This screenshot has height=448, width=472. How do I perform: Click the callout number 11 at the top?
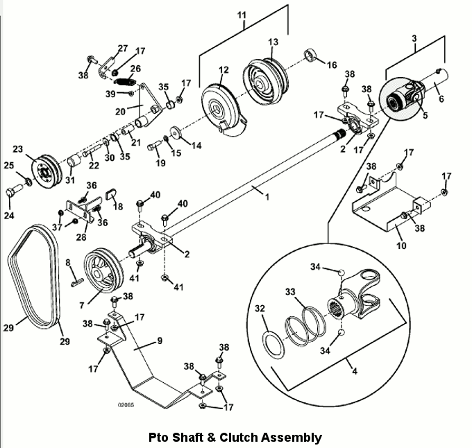click(x=242, y=15)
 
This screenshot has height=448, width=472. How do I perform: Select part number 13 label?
click(x=273, y=42)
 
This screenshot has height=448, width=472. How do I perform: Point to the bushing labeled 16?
click(x=310, y=55)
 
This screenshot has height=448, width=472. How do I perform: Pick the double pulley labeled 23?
click(x=47, y=171)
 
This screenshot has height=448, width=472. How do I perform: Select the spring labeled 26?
click(x=125, y=81)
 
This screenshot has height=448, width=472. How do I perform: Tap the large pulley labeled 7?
click(x=103, y=270)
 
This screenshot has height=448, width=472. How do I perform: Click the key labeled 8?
click(x=77, y=282)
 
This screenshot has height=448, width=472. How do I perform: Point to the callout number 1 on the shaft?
click(x=267, y=197)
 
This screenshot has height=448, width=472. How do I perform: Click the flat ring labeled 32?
click(x=273, y=345)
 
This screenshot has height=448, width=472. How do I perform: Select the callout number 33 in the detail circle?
click(x=290, y=292)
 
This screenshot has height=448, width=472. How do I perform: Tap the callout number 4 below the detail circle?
click(x=355, y=372)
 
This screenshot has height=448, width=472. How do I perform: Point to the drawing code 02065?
click(x=126, y=405)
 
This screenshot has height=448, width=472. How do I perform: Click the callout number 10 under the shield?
click(x=401, y=245)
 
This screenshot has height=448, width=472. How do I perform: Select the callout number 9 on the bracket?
click(x=160, y=341)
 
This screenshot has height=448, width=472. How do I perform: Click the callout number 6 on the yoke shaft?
click(x=441, y=98)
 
